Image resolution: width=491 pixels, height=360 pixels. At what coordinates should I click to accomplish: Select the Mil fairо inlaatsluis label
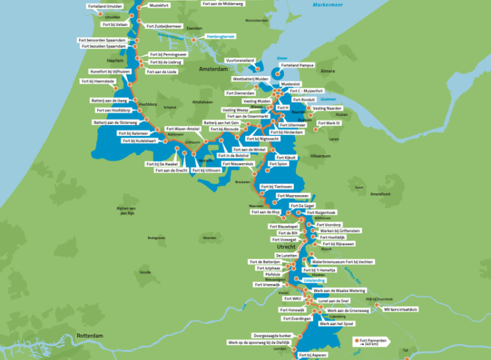401,308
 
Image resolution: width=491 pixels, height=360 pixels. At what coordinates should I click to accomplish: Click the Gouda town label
145,272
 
